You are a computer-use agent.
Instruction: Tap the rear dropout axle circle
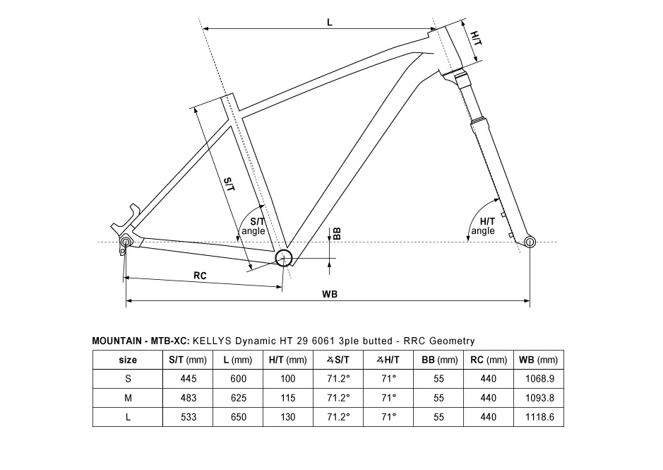pos(126,242)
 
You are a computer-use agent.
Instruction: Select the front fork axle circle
pos(530,242)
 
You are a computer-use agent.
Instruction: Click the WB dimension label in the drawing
pos(330,293)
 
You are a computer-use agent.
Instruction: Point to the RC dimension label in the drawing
pos(200,276)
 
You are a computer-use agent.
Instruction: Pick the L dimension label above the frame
pos(330,22)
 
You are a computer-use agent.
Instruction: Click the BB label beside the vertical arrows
pos(337,234)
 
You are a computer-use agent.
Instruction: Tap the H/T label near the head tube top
pos(476,38)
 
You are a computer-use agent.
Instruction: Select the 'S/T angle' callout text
pos(253,226)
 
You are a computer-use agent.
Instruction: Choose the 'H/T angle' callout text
pos(483,226)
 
